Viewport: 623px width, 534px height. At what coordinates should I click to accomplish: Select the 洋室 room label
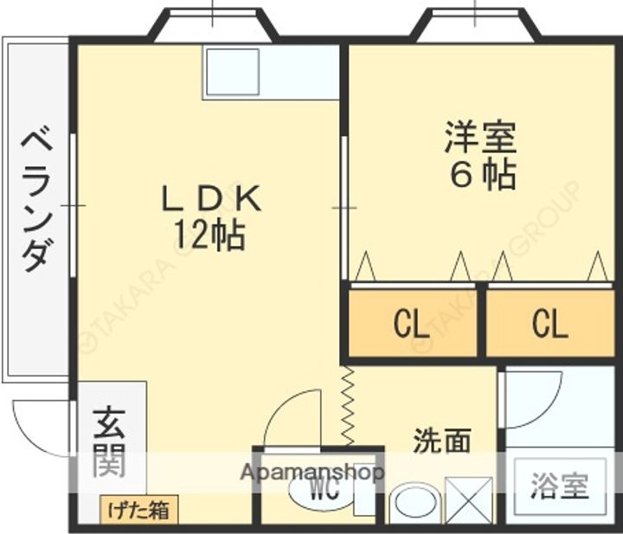(481, 137)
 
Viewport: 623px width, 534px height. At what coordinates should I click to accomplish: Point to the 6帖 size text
(482, 175)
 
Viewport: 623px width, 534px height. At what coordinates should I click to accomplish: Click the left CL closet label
(410, 325)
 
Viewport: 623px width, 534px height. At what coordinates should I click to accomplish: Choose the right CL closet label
(549, 325)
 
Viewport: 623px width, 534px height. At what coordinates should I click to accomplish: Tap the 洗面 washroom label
(441, 441)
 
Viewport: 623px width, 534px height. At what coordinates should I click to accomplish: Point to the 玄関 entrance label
(110, 441)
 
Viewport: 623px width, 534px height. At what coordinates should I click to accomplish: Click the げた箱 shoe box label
(138, 510)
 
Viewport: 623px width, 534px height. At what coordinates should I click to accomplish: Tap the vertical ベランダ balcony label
(38, 199)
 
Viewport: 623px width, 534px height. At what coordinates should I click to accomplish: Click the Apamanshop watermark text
(311, 473)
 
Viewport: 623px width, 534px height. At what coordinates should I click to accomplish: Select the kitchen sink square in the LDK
(232, 72)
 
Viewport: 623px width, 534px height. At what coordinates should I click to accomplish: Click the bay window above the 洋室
(474, 25)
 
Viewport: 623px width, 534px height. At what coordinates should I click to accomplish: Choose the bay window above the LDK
(213, 25)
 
